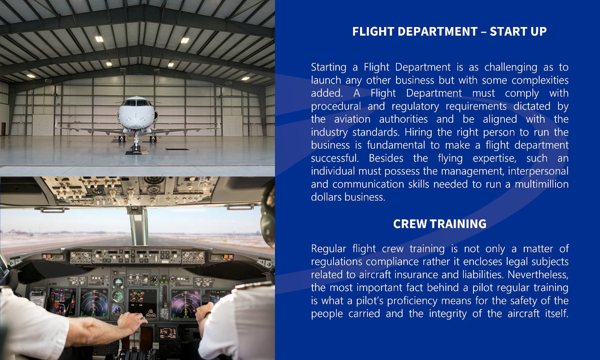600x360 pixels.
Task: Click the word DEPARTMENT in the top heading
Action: click(437, 31)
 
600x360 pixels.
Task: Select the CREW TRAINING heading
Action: click(439, 224)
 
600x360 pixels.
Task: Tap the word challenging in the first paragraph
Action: click(511, 67)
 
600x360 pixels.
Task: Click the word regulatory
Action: click(415, 106)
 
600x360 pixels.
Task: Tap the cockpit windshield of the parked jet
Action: click(136, 103)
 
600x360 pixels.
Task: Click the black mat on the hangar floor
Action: click(177, 149)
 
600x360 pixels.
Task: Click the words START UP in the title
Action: click(518, 31)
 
